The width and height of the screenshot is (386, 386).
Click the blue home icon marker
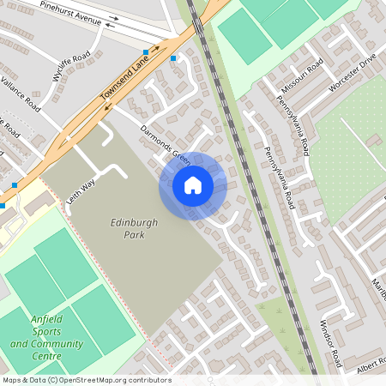(x=193, y=185)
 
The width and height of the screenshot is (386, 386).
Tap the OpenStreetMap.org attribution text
(x=100, y=380)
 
